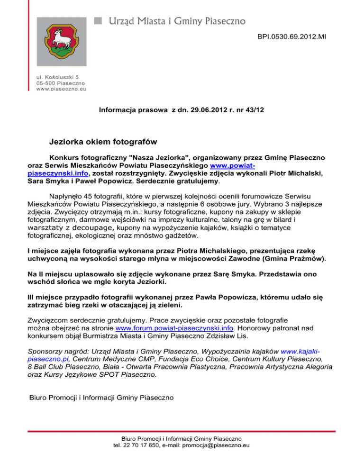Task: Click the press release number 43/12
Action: click(255, 110)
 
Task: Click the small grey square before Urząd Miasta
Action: click(99, 20)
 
